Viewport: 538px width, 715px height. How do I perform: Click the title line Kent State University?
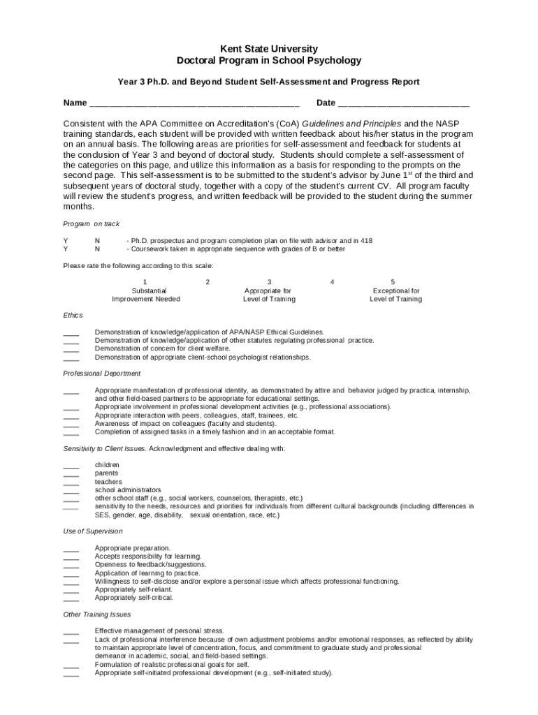point(269,49)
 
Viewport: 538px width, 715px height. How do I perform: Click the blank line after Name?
point(194,103)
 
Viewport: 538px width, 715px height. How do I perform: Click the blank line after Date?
point(403,103)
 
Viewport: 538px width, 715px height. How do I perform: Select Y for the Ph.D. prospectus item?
point(66,241)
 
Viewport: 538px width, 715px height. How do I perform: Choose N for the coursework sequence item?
point(97,249)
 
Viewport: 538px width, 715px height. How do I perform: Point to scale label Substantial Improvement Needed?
point(145,295)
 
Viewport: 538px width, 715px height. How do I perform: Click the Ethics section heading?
point(73,316)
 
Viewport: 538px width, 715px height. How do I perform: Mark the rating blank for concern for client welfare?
point(71,349)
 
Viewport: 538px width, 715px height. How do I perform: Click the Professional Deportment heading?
point(101,374)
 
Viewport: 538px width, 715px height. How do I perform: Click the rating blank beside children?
point(71,466)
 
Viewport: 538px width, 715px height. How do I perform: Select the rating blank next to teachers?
point(71,482)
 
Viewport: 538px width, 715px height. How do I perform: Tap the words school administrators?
point(128,490)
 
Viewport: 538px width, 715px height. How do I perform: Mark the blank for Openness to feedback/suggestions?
point(71,566)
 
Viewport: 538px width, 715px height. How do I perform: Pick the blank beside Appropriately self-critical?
point(71,598)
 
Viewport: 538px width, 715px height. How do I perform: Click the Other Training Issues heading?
point(96,614)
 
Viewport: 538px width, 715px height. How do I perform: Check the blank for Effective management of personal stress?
point(71,632)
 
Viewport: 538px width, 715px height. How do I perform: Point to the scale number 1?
point(145,282)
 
